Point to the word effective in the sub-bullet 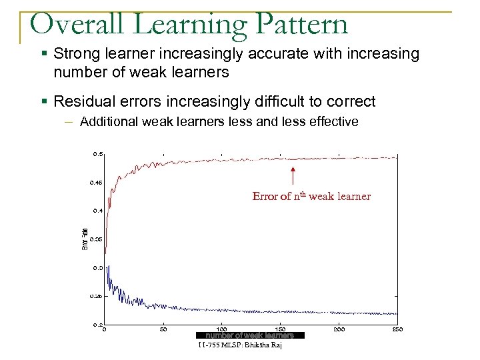pos(335,121)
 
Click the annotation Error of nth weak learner pos(311,196)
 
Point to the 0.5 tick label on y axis pos(97,154)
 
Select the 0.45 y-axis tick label pos(96,182)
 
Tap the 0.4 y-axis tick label pos(97,211)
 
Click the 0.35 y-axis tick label pos(96,239)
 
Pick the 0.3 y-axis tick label pos(97,267)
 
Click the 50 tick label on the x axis pos(163,329)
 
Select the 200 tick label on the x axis pos(340,329)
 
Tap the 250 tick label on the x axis pos(397,329)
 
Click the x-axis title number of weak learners pos(249,335)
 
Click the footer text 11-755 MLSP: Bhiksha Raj pos(240,345)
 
